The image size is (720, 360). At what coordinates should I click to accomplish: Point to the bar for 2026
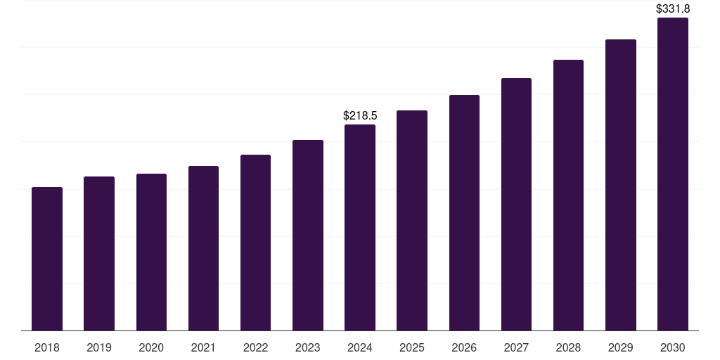point(464,212)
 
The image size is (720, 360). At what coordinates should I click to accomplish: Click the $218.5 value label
point(360,115)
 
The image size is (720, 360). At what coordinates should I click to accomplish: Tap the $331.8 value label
point(673,9)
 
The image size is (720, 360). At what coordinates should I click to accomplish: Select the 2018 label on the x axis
point(47,347)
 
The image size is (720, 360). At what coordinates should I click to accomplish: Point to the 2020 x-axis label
point(151,347)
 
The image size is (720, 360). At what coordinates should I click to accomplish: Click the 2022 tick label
point(256,347)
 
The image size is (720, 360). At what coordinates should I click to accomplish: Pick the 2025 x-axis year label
point(412,347)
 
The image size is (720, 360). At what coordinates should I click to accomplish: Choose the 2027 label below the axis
point(516,347)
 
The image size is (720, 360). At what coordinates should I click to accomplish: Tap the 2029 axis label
point(621,347)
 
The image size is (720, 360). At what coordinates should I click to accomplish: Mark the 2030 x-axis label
point(673,347)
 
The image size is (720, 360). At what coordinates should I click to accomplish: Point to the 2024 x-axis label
point(360,347)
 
